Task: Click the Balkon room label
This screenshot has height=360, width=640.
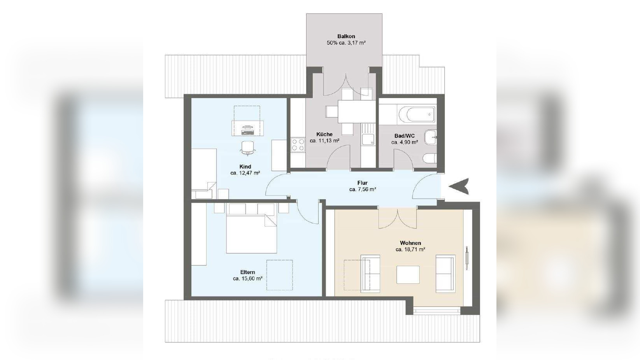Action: [346, 36]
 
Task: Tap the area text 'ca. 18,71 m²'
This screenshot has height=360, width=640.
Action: [410, 249]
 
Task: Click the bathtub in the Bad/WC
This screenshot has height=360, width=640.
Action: [417, 114]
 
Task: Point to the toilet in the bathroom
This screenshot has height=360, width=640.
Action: [430, 158]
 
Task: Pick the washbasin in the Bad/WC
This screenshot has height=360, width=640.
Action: [431, 137]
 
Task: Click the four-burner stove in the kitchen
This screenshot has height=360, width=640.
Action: [298, 144]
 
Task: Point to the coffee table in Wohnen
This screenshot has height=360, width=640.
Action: [408, 274]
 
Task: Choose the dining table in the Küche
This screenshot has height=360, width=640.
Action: [356, 111]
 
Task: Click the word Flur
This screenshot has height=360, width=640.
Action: [362, 183]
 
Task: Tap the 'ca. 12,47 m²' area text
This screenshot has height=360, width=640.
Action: [245, 173]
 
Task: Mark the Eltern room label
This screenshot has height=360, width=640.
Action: [247, 272]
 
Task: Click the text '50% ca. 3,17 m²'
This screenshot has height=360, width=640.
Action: [346, 43]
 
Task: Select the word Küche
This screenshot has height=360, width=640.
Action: [324, 134]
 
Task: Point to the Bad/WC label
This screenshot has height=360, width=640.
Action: [405, 136]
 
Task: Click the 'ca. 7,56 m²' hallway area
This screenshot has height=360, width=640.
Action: [362, 189]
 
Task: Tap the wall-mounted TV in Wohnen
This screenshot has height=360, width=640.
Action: [467, 258]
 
